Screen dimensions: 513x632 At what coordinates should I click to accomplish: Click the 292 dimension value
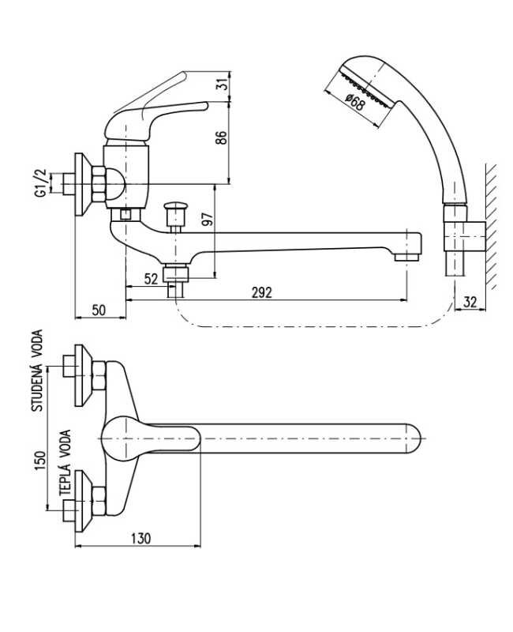(x=262, y=292)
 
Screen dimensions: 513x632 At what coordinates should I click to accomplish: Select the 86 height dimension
(x=222, y=137)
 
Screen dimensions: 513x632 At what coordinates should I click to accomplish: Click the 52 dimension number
(x=151, y=279)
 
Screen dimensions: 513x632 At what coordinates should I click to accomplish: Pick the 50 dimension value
(x=99, y=310)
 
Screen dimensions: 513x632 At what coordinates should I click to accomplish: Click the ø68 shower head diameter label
(x=356, y=103)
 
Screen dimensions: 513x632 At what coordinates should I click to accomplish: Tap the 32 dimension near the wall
(x=470, y=302)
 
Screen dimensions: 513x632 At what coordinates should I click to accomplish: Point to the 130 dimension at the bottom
(x=140, y=538)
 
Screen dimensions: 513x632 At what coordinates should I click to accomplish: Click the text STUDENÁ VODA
(x=37, y=371)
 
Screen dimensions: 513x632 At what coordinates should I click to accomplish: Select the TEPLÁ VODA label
(x=65, y=463)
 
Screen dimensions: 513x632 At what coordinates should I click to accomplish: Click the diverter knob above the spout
(x=175, y=210)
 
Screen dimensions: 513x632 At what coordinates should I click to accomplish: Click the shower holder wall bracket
(x=465, y=235)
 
